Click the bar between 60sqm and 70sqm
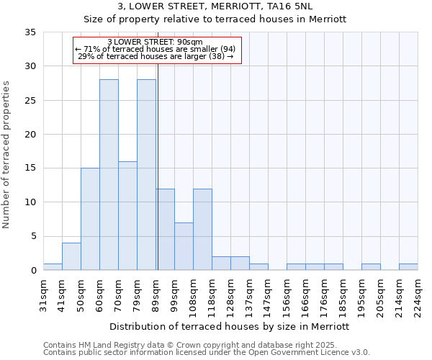[109, 175]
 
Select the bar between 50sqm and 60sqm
[90, 219]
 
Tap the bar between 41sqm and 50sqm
[71, 256]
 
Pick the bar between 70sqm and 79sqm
[127, 215]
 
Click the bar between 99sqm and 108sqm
[184, 246]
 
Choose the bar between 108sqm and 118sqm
[202, 229]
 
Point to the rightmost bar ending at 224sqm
[408, 267]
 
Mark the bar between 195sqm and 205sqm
[371, 267]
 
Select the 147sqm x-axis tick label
[269, 295]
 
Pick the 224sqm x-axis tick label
[418, 295]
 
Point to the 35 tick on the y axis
[30, 32]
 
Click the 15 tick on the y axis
[30, 168]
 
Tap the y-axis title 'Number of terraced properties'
[6, 154]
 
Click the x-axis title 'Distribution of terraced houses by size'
[230, 326]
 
